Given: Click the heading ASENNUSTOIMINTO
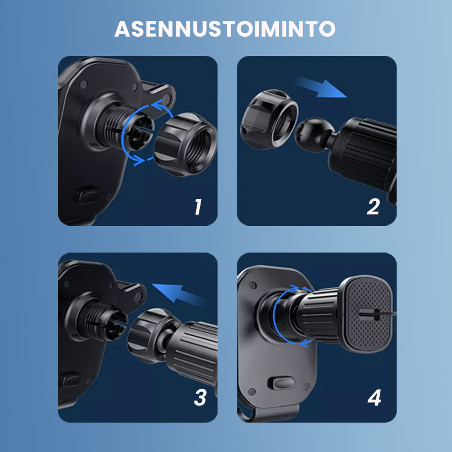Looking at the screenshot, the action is pos(225,29).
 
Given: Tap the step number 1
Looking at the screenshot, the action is pos(198,206).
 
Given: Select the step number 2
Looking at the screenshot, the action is pos(373,206).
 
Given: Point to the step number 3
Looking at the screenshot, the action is pos(200,398).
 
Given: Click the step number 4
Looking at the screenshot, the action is pos(374,398).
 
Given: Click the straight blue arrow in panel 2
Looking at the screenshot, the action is pos(320,88).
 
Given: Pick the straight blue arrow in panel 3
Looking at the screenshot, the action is pos(178,294).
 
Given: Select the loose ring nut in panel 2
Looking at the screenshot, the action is pos(270,119).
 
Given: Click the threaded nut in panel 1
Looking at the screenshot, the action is pos(186,144).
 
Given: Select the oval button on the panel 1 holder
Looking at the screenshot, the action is pos(87,195).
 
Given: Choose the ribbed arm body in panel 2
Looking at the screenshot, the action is pos(364,154).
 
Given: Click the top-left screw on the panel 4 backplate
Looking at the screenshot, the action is pos(253,285).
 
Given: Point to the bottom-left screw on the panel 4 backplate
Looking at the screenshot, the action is pos(251,392).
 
